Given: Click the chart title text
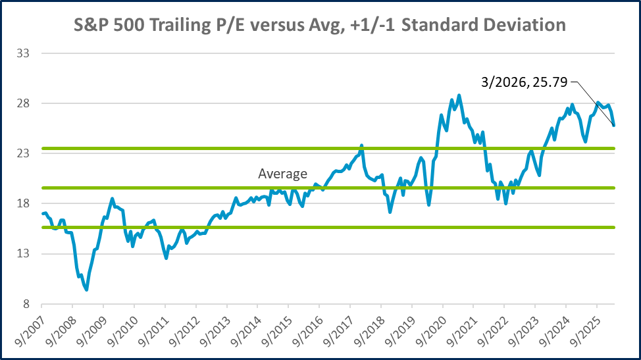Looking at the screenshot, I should coord(320,25).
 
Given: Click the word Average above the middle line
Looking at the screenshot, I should coord(282,174).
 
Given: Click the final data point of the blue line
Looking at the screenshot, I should coord(614,125).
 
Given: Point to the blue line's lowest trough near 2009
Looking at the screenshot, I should coord(86,290).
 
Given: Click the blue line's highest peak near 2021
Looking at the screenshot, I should coord(459,95).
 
